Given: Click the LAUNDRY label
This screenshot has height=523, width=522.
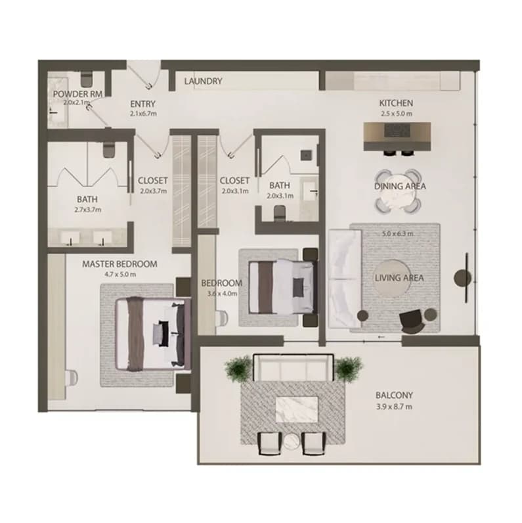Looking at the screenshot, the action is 203,81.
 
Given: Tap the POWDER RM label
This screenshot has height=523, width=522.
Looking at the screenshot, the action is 77,94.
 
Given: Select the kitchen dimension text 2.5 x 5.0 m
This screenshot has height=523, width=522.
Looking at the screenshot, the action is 397,114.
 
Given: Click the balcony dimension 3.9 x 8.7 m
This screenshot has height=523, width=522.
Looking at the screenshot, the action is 394,407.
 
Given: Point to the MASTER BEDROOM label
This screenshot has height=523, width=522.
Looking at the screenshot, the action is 120,264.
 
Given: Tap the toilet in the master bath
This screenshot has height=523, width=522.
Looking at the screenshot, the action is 108,150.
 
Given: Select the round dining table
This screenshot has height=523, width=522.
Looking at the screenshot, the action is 398,191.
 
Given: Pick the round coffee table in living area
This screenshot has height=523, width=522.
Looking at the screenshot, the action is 393,279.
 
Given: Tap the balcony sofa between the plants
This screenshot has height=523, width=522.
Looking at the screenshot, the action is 294,368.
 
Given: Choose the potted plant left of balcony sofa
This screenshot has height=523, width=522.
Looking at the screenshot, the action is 238,367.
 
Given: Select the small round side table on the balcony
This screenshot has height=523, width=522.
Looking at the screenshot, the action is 292,443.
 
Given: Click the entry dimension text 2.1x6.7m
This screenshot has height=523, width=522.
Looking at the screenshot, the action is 143,114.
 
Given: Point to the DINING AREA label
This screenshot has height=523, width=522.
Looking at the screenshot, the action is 400,186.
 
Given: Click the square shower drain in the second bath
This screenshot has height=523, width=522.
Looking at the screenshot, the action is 306,156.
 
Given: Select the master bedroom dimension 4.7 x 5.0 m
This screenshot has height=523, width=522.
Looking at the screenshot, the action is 120,275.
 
